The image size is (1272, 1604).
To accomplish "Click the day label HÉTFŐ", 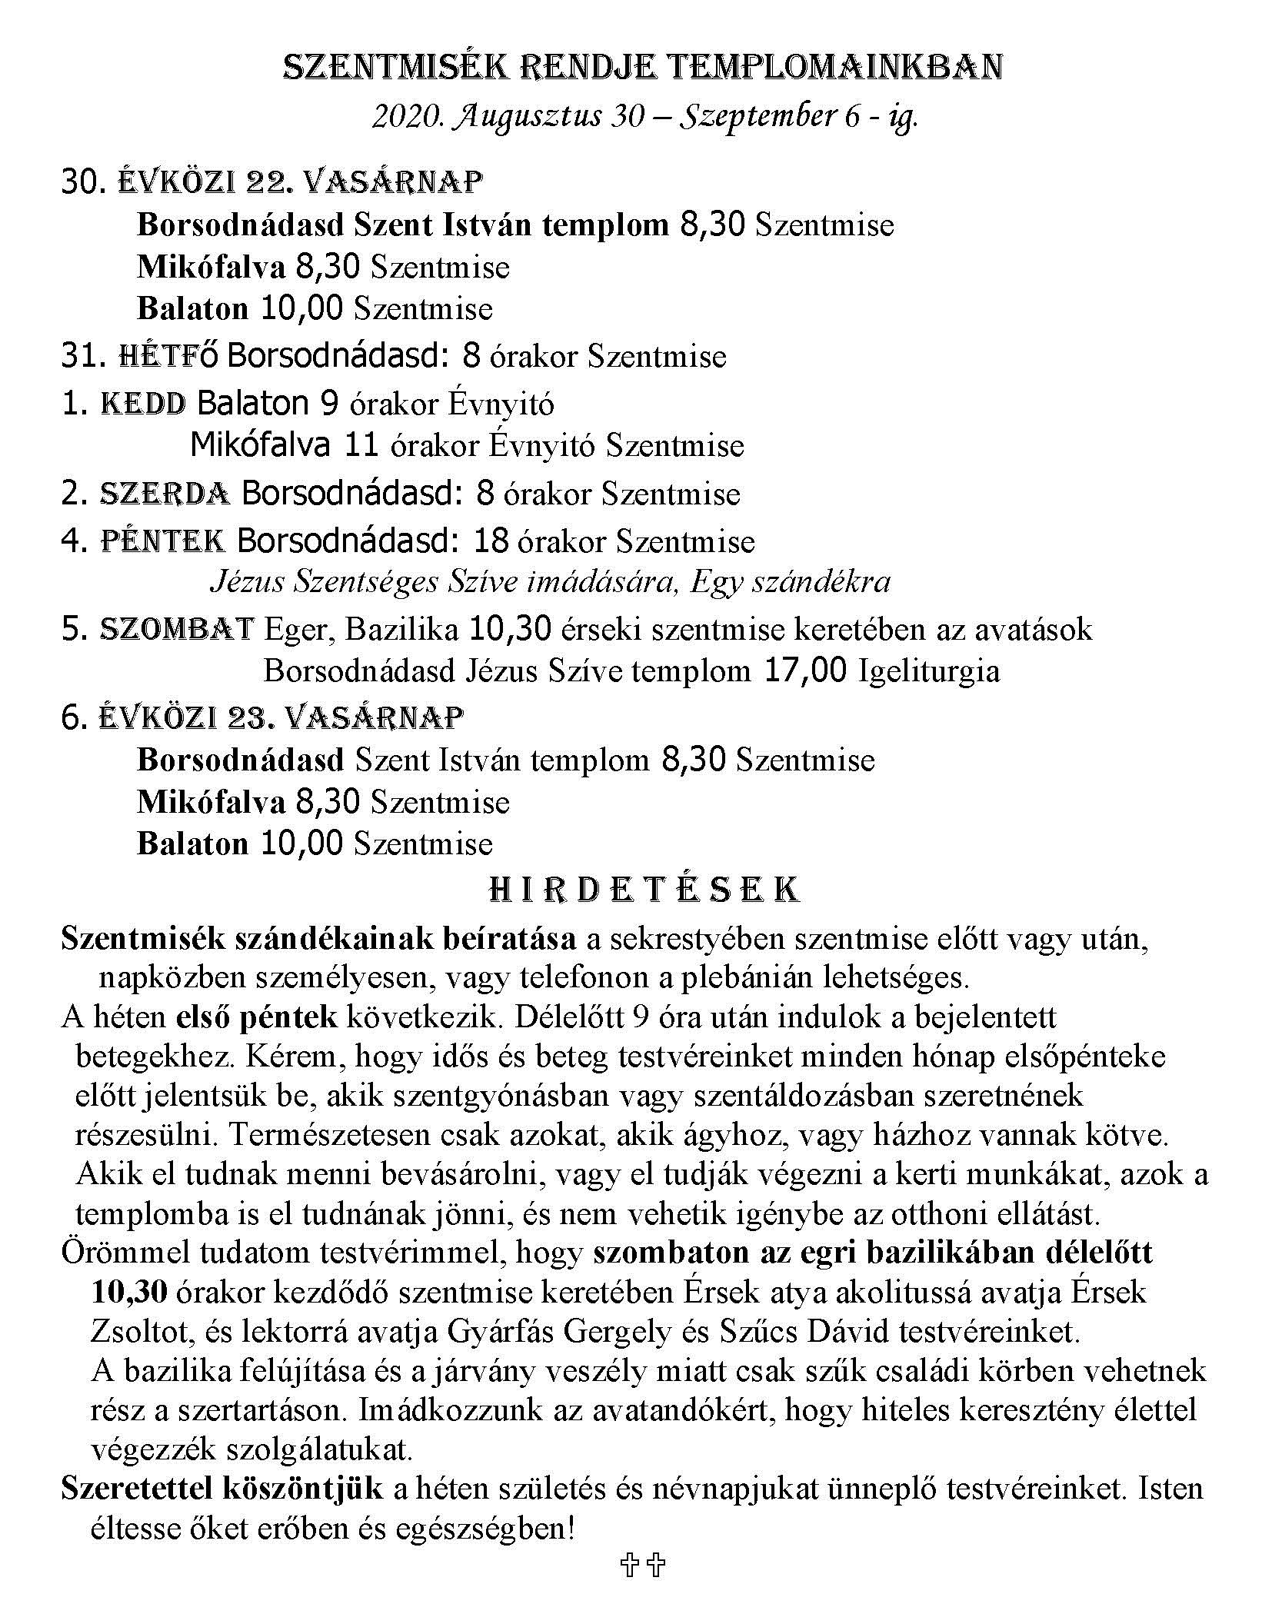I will point(168,357).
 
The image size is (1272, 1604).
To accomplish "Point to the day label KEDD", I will point(143,404).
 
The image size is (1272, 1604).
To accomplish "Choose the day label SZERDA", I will point(165,494).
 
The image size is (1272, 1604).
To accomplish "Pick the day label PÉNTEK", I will point(163,541).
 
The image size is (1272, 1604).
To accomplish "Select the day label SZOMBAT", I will point(177,629).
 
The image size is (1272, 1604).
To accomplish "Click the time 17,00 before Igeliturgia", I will point(806,671).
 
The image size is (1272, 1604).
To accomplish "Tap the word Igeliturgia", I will point(929,671).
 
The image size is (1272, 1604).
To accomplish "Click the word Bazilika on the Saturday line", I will point(401,629).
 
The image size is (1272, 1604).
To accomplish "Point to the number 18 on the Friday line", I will point(491,541).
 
